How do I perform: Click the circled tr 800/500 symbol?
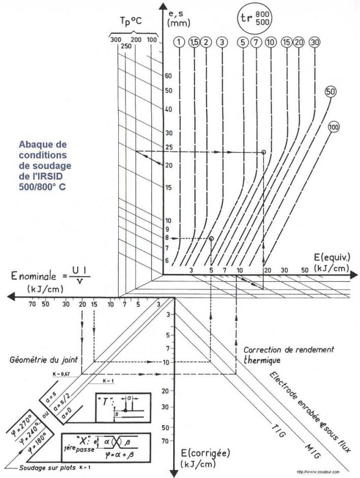coord(254,19)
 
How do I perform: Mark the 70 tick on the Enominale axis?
coord(32,305)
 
